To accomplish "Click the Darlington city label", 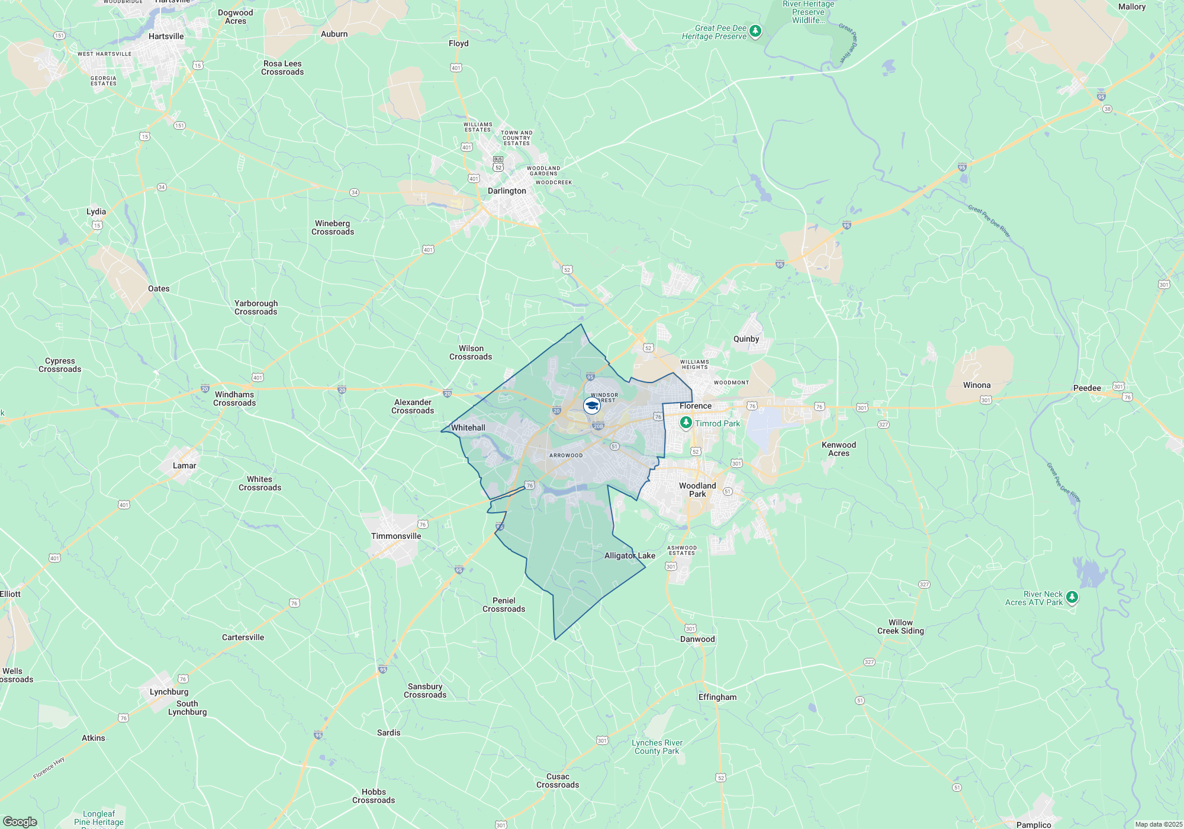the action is click(507, 191).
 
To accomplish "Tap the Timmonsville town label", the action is click(396, 536).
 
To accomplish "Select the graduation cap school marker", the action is click(591, 406).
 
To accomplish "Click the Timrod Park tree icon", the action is click(686, 423).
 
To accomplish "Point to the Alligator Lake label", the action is click(629, 556).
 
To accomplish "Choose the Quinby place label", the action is click(746, 339).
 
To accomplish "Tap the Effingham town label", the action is click(718, 698).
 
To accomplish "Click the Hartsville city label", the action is click(166, 37).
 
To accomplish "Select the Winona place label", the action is click(977, 385).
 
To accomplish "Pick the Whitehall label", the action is click(468, 428).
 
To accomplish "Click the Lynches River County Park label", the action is click(657, 747).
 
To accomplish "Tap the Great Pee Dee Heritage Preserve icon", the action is click(755, 31).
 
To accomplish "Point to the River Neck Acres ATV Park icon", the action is click(1072, 597).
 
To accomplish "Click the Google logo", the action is click(20, 822).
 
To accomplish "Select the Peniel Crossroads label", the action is click(504, 605).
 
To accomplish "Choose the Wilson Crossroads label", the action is click(471, 353).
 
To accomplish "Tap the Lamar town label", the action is click(184, 466).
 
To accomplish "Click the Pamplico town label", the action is click(1034, 824).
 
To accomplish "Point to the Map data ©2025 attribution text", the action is click(1158, 824).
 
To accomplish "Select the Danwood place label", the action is click(697, 640).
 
